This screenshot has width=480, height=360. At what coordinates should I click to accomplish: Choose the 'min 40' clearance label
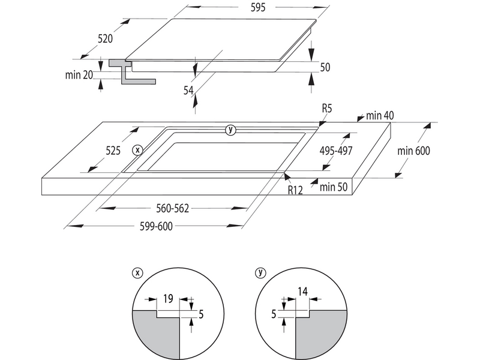click(x=380, y=115)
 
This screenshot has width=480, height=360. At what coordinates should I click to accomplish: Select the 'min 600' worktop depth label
click(x=414, y=151)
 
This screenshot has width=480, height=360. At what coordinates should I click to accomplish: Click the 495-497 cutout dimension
click(x=337, y=151)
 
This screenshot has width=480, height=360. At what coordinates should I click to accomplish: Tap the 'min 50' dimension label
click(x=334, y=187)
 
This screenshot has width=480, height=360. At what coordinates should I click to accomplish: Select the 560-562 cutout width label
click(x=172, y=208)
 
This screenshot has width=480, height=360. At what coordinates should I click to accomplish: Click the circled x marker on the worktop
click(x=138, y=149)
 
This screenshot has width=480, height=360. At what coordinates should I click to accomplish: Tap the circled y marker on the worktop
click(x=231, y=130)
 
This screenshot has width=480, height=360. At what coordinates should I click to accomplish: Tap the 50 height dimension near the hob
click(x=325, y=67)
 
